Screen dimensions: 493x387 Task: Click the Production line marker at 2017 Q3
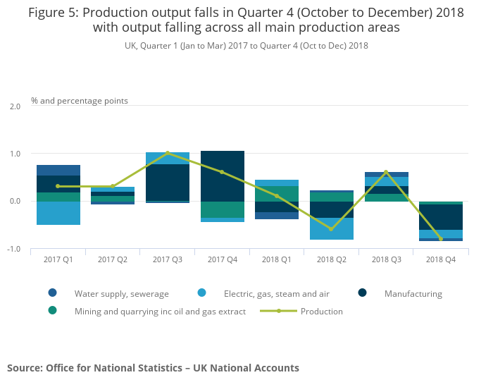[168, 153]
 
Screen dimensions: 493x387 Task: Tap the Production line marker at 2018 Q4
[440, 239]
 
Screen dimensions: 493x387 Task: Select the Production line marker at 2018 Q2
[331, 229]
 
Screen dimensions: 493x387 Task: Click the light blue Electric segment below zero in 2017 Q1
[58, 213]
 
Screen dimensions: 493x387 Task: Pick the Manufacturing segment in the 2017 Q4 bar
[223, 176]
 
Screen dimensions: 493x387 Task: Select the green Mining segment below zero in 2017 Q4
[223, 209]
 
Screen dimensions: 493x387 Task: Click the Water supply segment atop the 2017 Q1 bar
[58, 170]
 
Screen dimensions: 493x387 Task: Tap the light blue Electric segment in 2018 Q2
[332, 228]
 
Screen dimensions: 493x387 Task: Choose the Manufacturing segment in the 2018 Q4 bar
[440, 217]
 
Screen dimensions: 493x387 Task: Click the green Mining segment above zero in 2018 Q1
[277, 194]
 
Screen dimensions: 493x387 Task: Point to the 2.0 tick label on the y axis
[15, 106]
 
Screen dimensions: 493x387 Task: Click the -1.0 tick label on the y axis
[14, 249]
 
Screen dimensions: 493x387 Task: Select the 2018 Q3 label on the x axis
[387, 259]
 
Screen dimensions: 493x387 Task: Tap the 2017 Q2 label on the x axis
[113, 259]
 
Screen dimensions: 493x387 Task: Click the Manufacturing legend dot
[362, 293]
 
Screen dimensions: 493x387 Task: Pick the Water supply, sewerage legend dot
[53, 293]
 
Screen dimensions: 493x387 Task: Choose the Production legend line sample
[279, 311]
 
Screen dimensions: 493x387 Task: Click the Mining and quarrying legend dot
[53, 311]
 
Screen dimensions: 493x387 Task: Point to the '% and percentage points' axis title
[80, 101]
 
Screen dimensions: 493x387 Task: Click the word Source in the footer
[25, 368]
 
